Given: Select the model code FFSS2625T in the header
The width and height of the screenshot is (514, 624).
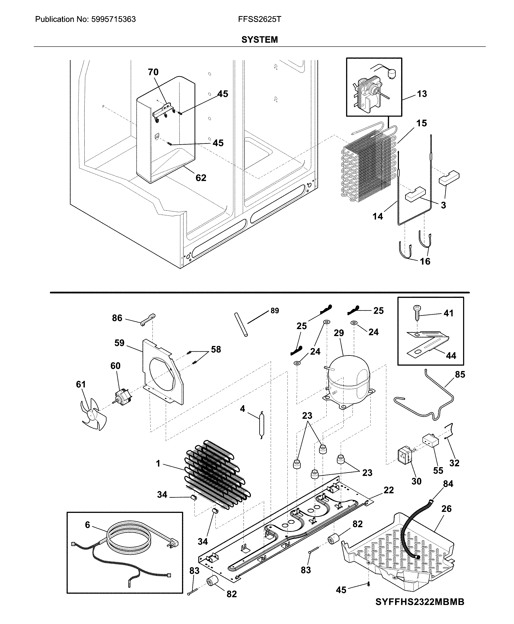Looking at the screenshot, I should pyautogui.click(x=259, y=19).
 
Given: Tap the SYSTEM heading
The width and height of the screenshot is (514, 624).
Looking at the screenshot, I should pyautogui.click(x=259, y=40).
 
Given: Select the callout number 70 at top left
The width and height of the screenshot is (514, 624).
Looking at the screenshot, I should pyautogui.click(x=153, y=72).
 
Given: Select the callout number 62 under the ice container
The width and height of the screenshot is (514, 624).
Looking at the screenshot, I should pyautogui.click(x=201, y=178).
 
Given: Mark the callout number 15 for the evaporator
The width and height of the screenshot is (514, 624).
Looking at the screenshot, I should pyautogui.click(x=421, y=123).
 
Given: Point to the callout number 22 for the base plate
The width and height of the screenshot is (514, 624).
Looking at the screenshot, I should pyautogui.click(x=388, y=490).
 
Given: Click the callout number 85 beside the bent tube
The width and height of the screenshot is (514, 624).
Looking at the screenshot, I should pyautogui.click(x=460, y=375).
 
